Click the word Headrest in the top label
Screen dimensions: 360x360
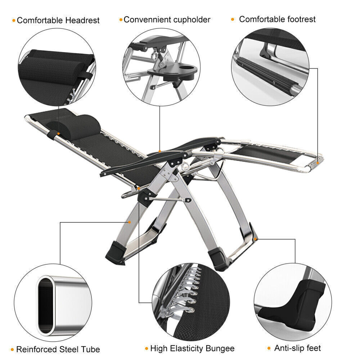tap(82, 21)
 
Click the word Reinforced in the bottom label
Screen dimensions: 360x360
tap(37, 349)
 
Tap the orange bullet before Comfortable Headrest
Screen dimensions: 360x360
tap(14, 21)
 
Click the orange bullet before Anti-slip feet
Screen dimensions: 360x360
tap(269, 348)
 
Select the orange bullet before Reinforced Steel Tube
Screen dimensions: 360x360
tap(13, 350)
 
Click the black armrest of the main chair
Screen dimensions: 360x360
tap(144, 162)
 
